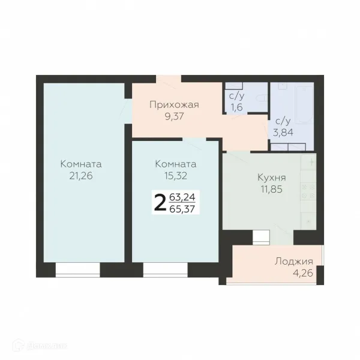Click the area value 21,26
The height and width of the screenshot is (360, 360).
81,176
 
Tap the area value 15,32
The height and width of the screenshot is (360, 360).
176,176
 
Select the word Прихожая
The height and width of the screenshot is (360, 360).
174,104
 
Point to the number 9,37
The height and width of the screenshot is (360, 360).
174,116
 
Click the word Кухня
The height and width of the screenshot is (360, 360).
272,178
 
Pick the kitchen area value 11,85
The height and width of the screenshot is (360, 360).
272,190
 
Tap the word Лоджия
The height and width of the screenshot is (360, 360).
294,261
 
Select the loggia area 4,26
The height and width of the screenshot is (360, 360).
303,273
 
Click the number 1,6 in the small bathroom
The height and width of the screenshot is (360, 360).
237,107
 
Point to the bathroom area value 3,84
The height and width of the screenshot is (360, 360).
283,132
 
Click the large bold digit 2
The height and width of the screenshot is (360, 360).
160,202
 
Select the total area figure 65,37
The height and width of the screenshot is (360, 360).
182,209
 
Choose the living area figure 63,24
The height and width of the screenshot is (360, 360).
182,197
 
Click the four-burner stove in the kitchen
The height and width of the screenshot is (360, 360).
308,191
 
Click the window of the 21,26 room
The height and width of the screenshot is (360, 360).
78,270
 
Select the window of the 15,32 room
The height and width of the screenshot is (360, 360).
166,270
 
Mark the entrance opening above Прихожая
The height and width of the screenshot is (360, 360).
169,79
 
